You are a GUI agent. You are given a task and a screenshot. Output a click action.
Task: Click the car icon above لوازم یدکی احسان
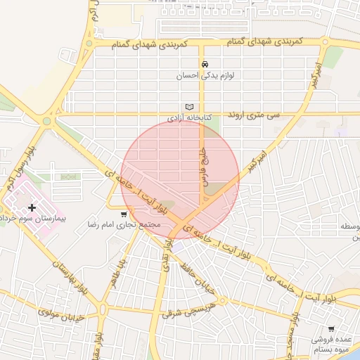click(205, 63)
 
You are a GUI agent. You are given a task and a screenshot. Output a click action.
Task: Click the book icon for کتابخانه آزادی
click(188, 107)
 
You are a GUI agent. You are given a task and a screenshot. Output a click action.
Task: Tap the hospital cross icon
click(32, 207)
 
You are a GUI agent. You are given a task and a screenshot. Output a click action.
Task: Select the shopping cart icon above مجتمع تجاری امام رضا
click(124, 214)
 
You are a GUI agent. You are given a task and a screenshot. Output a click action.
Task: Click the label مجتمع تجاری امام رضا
click(134, 224)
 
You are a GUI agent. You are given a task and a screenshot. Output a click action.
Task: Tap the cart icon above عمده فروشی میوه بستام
click(331, 329)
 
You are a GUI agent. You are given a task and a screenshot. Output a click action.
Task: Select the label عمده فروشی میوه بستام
click(333, 344)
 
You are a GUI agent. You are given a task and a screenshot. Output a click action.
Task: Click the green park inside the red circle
click(218, 187)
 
